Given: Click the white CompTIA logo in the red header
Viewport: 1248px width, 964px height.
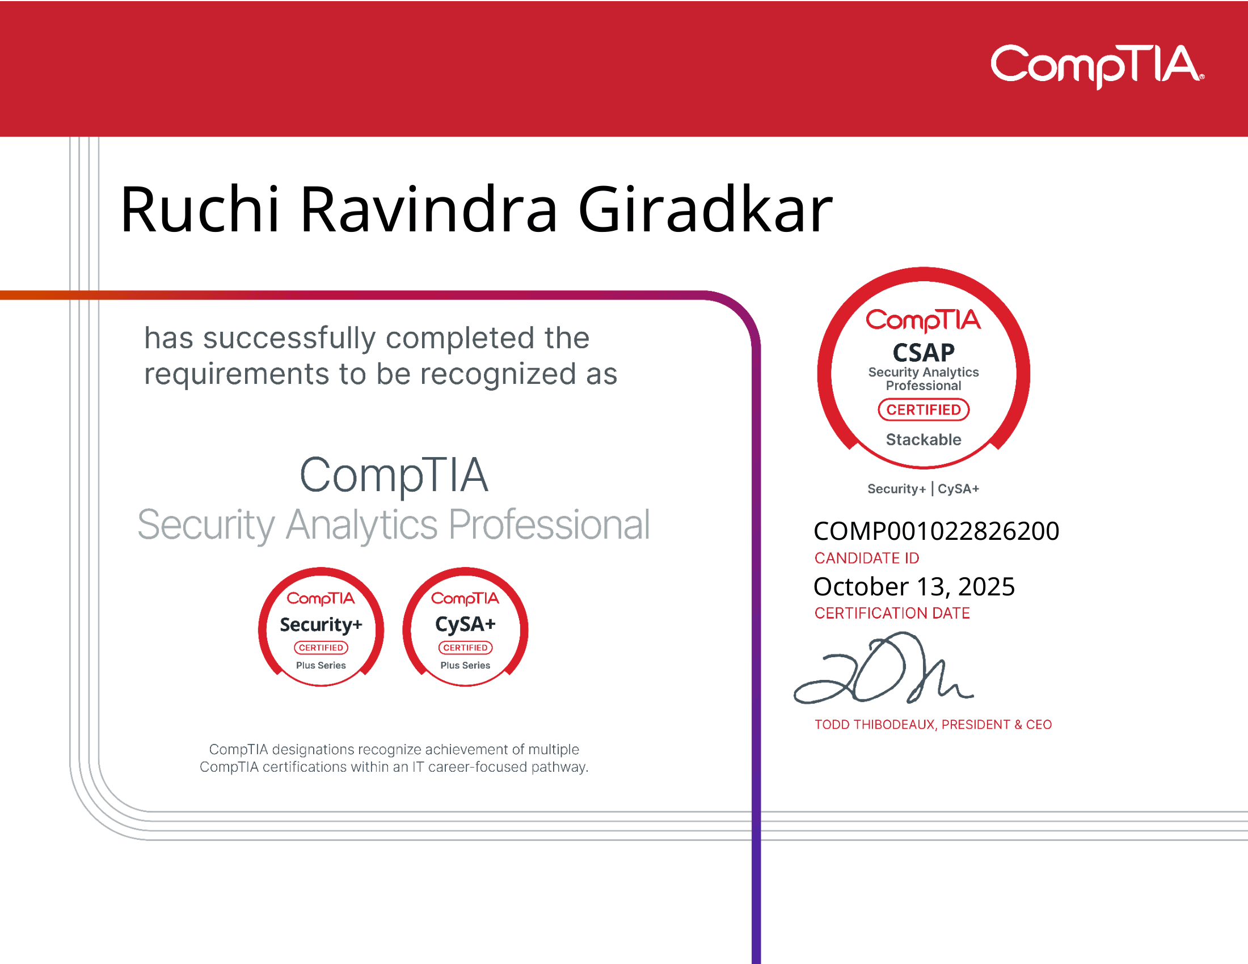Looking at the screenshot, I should [x=1097, y=66].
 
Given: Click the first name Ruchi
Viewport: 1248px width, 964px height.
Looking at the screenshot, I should [x=200, y=210].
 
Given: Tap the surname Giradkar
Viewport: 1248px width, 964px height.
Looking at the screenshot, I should [x=705, y=210].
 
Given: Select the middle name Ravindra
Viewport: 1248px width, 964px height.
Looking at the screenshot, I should [x=428, y=210].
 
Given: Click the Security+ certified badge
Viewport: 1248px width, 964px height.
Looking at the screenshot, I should [x=321, y=627].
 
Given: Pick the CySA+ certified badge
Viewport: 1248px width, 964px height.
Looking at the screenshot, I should [x=465, y=627].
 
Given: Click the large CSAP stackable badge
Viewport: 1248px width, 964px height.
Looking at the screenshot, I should [x=924, y=369].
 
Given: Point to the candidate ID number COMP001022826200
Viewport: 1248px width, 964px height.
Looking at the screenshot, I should [x=936, y=531].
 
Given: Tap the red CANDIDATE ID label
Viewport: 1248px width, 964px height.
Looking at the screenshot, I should [x=866, y=558].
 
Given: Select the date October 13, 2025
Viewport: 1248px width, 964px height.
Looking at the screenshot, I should [x=914, y=586].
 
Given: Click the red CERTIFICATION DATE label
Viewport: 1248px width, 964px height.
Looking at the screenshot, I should [x=892, y=614].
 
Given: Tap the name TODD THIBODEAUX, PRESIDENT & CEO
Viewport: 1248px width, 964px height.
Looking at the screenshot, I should [x=933, y=725].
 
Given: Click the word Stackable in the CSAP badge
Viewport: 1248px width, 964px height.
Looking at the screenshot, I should [x=924, y=439].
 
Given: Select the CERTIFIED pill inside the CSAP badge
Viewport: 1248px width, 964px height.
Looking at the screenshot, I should [x=924, y=410].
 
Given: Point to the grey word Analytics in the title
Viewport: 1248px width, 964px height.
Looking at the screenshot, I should [x=361, y=525].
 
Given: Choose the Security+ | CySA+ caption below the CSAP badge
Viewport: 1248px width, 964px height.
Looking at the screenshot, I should [x=923, y=489].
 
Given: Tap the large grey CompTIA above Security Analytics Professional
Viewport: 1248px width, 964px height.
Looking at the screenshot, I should [x=394, y=475].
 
